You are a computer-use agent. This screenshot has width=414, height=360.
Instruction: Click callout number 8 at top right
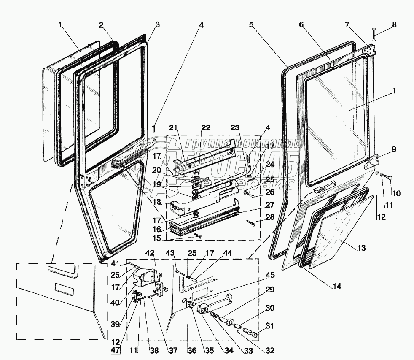[394, 25]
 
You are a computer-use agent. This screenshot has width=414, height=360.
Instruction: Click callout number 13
[361, 247]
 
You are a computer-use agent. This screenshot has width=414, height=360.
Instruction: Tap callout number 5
[251, 25]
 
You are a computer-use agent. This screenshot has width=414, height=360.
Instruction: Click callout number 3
[157, 25]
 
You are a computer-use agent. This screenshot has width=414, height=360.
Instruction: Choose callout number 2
[101, 25]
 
